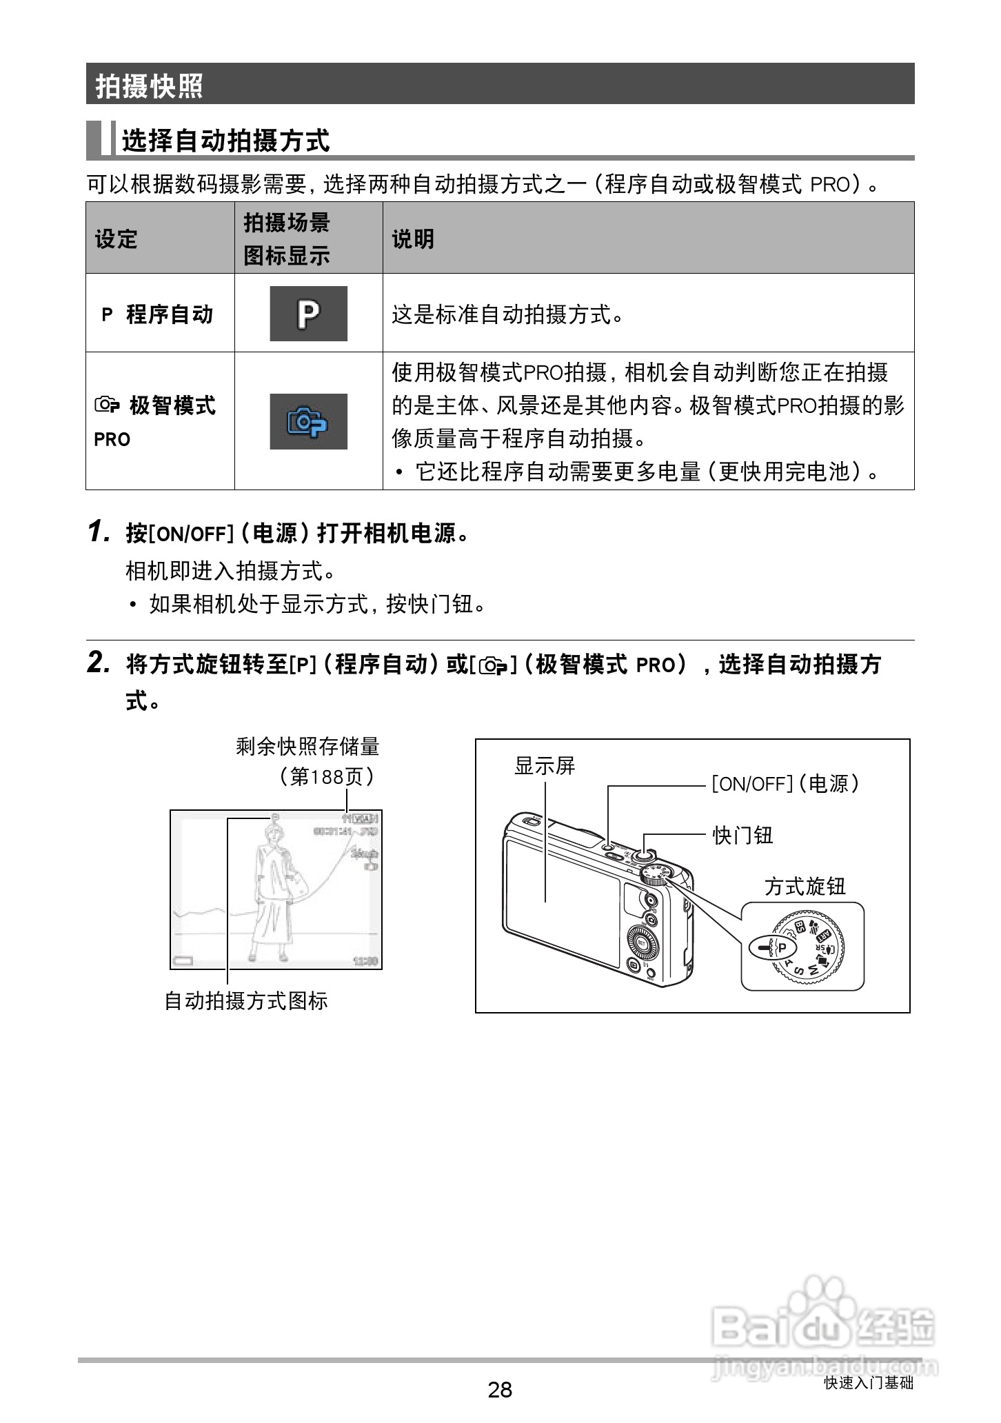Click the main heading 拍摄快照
[x=149, y=86]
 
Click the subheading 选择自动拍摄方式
[x=225, y=141]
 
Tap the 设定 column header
[x=116, y=239]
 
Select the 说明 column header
[x=413, y=239]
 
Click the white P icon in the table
[x=308, y=314]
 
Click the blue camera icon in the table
[x=308, y=421]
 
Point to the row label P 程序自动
[x=158, y=314]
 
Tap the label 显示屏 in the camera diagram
[x=545, y=766]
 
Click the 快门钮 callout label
[x=742, y=835]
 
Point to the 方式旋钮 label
[x=804, y=887]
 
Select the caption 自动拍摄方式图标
[x=245, y=1000]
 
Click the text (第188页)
[x=327, y=777]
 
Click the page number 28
[x=500, y=1389]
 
